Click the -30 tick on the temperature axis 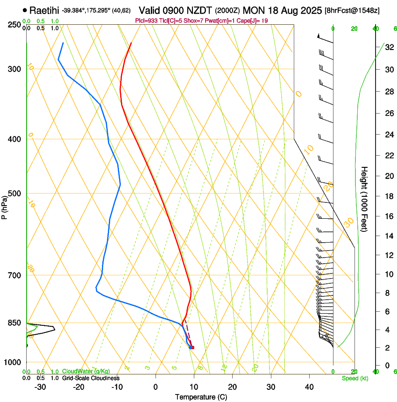[40, 387]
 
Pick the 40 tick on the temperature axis [309, 387]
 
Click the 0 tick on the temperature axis [156, 387]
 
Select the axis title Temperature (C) [201, 397]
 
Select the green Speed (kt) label [354, 378]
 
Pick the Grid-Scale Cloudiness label [91, 378]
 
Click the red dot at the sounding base [192, 347]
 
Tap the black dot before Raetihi [25, 10]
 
